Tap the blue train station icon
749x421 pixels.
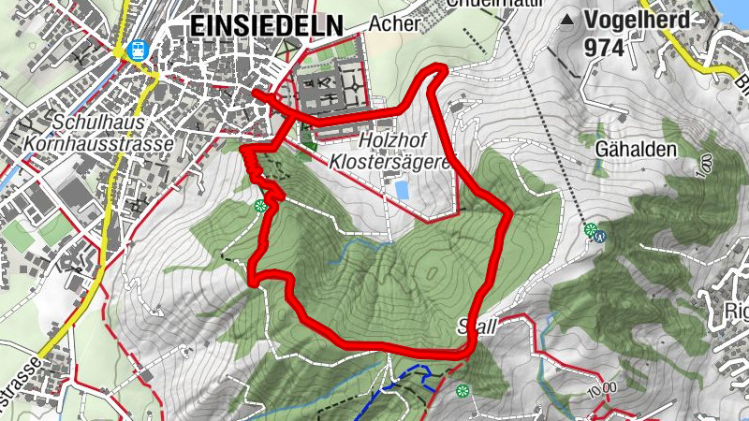pyautogui.click(x=139, y=49)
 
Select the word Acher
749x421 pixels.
pyautogui.click(x=393, y=24)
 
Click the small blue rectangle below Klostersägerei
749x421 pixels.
pyautogui.click(x=403, y=190)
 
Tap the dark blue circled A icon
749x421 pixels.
pyautogui.click(x=602, y=236)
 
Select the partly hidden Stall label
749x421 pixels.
pyautogui.click(x=477, y=326)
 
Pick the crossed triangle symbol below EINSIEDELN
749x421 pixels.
pyautogui.click(x=291, y=44)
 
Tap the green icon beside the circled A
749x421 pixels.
pyautogui.click(x=590, y=229)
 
